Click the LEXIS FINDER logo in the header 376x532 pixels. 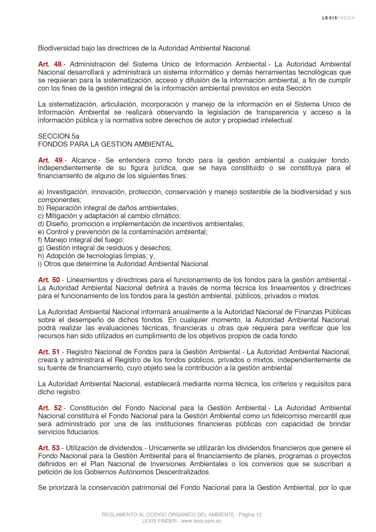pos(338,18)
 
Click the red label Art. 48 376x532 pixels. pos(50,64)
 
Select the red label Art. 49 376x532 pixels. pos(50,160)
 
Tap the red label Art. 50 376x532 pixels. pos(49,280)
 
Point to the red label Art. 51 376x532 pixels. pos(49,352)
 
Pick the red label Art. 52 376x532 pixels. pos(50,408)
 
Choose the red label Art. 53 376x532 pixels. pos(49,448)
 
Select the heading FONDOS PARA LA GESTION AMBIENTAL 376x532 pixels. pos(105,144)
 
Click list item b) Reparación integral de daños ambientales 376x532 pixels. pos(108,208)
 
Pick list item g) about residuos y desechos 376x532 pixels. pos(105,248)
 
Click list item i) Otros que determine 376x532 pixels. pos(124,264)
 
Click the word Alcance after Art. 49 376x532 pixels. pos(84,160)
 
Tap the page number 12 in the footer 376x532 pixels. pos(258,515)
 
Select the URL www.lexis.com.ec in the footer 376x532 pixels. pos(201,521)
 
